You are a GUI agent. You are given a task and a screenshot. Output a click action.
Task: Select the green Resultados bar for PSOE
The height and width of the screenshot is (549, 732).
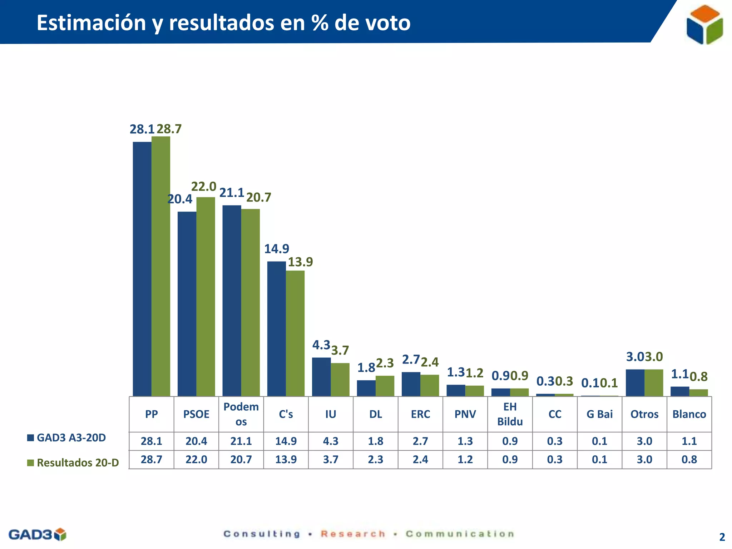point(206,297)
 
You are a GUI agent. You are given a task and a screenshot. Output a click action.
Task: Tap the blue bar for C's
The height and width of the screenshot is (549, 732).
point(276,329)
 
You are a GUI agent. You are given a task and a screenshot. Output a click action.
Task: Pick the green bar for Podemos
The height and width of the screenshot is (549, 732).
point(250,302)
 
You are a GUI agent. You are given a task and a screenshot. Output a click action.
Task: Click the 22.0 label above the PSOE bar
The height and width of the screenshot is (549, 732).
point(203,187)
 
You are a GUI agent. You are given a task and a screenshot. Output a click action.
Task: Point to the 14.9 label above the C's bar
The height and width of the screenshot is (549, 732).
point(276,249)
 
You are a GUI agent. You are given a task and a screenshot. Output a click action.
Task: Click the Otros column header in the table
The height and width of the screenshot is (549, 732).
point(644,414)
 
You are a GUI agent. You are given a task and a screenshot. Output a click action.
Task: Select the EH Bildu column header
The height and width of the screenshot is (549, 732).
point(510,414)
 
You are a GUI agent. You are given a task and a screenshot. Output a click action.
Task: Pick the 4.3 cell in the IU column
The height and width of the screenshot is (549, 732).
point(331,441)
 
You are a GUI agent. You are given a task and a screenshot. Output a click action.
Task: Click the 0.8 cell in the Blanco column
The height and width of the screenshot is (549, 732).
point(689,460)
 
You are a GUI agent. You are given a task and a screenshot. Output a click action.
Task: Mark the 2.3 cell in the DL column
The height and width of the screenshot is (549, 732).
point(375,460)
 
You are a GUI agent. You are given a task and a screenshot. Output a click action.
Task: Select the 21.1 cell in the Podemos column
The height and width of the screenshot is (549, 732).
point(241,441)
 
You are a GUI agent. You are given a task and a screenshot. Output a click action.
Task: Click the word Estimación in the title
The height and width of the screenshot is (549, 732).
point(91,23)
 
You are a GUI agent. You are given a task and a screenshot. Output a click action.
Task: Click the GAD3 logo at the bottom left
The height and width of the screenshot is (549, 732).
point(37,535)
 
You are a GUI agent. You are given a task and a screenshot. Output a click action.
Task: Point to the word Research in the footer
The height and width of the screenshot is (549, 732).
point(353,534)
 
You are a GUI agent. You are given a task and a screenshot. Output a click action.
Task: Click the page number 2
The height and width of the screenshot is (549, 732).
point(722,537)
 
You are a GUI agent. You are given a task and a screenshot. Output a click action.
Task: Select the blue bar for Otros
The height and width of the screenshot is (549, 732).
point(635,382)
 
